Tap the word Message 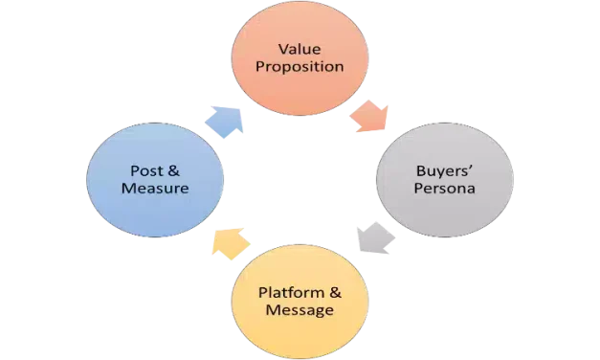300,311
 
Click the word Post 146,170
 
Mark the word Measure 155,189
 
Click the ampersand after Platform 332,292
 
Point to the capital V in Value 282,48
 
